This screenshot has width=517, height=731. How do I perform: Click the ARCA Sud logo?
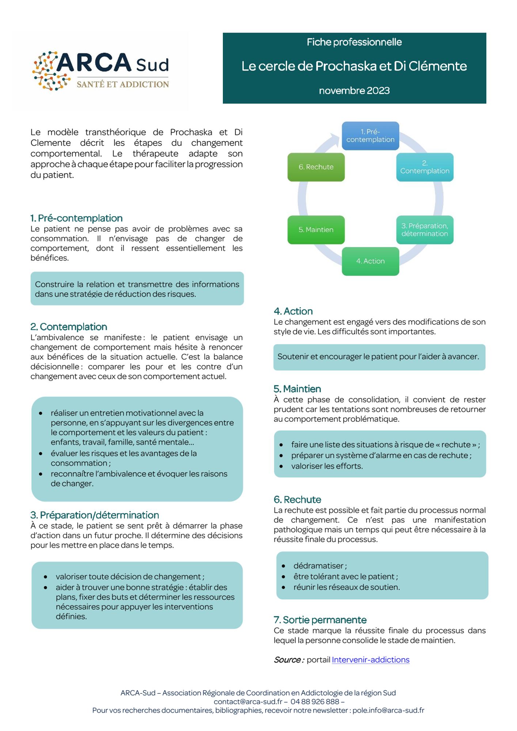101,71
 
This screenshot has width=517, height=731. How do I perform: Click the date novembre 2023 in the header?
354,91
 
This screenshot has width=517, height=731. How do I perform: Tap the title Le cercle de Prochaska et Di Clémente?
354,66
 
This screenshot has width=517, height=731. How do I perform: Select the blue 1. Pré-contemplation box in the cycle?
370,136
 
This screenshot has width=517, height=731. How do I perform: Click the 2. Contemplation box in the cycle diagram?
425,167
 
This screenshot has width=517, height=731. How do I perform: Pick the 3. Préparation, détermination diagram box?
425,230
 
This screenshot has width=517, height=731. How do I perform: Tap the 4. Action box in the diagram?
370,261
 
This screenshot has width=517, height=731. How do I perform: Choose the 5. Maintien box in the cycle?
316,230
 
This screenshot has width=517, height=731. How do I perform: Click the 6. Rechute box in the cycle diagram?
316,167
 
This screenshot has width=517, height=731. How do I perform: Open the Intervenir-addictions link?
370,660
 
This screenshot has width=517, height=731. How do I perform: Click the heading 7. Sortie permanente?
320,620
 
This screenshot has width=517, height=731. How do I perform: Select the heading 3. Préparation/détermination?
95,515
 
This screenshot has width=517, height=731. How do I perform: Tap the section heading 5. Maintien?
297,389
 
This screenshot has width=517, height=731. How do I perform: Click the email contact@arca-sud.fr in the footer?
248,701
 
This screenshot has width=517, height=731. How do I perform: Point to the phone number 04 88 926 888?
315,701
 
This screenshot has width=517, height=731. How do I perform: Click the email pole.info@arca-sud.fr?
388,710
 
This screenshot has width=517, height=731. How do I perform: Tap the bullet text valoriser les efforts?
327,466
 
